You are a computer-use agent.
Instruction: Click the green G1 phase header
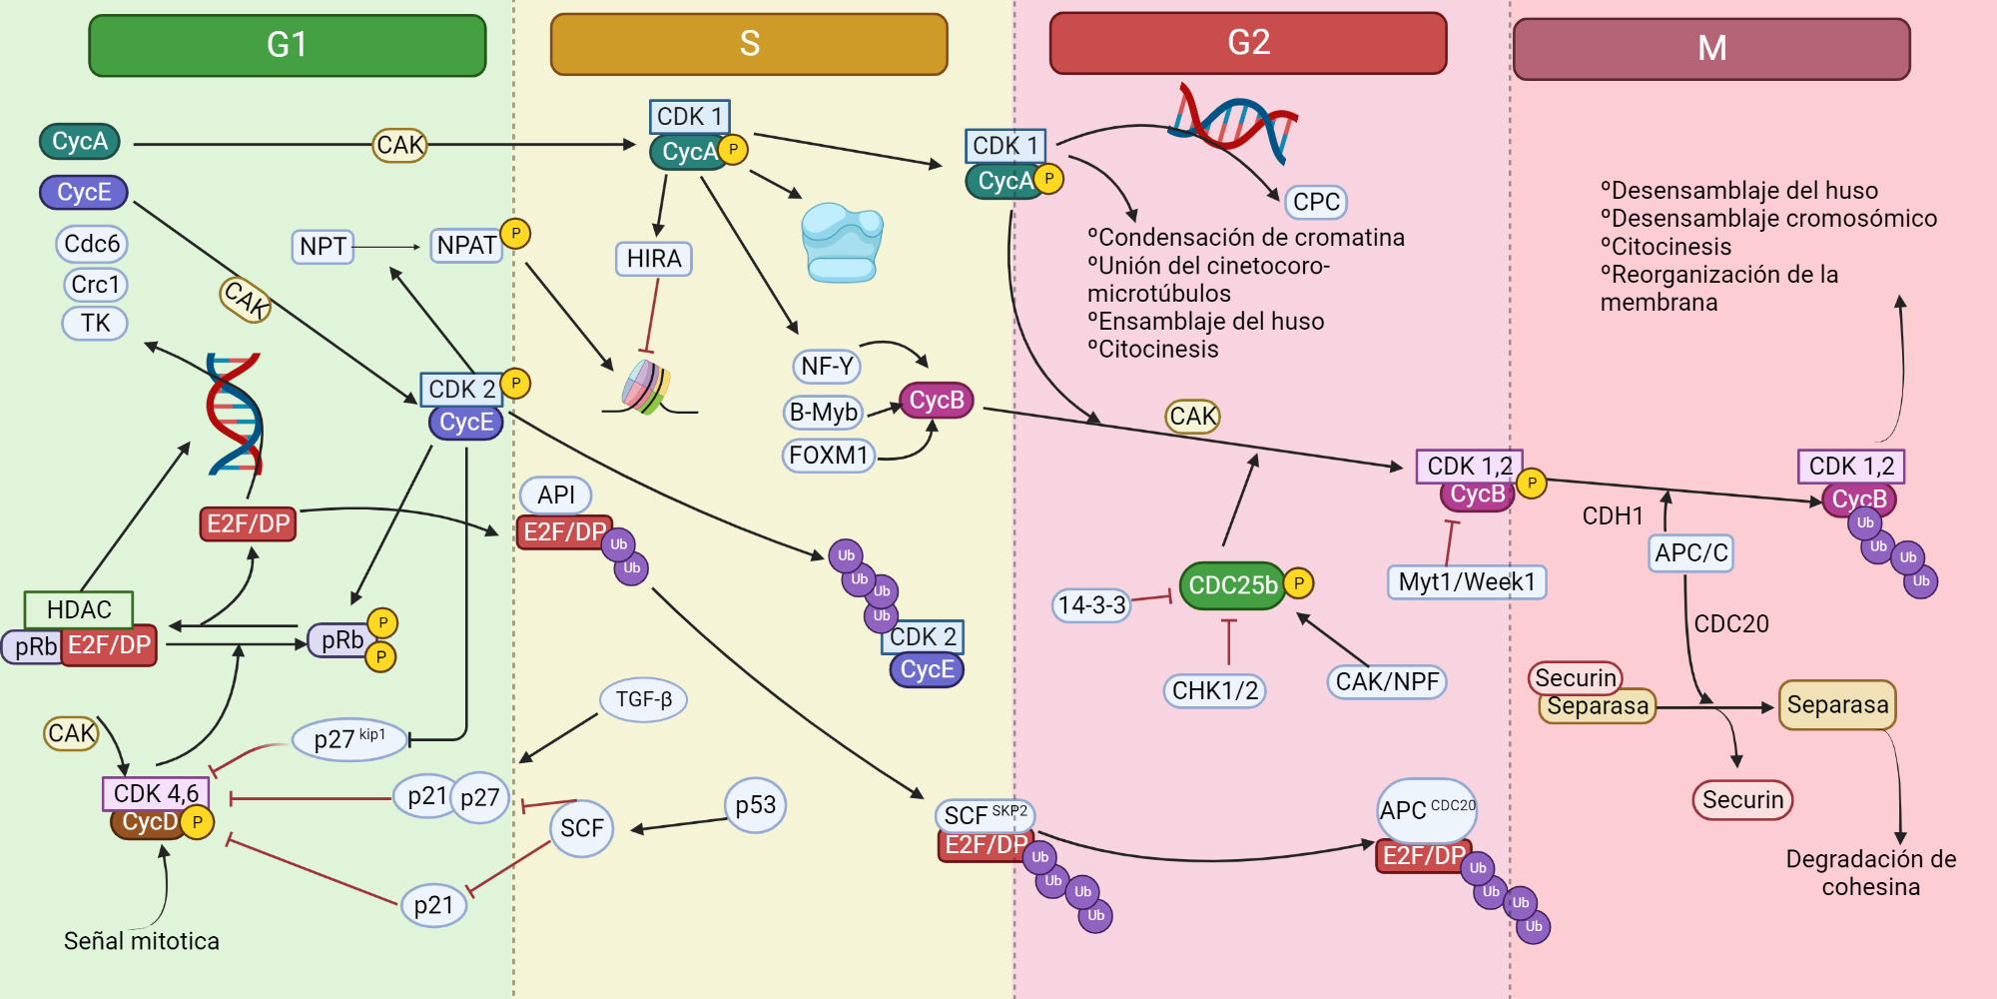click(x=287, y=45)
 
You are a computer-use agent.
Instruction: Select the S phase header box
click(x=749, y=44)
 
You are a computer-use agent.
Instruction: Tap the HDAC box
click(x=79, y=609)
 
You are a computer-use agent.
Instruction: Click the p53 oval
click(x=755, y=805)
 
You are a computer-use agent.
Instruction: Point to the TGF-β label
click(x=643, y=699)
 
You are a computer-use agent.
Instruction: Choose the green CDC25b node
click(x=1232, y=585)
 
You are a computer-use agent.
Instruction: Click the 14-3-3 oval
click(x=1091, y=605)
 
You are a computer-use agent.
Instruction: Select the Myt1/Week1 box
click(x=1466, y=581)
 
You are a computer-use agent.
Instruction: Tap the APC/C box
click(x=1690, y=552)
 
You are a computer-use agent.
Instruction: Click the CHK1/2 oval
click(x=1214, y=690)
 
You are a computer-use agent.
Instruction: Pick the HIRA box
click(x=653, y=259)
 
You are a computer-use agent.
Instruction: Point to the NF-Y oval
click(x=827, y=367)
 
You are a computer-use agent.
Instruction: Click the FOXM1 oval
click(x=828, y=456)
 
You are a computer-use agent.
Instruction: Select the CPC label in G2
click(x=1315, y=202)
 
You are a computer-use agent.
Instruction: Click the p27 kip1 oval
click(x=349, y=739)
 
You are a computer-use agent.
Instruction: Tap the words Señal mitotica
click(x=141, y=941)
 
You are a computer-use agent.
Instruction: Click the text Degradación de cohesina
click(x=1870, y=872)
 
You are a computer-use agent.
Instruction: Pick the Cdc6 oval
click(x=92, y=244)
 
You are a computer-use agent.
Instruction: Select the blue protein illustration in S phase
click(x=842, y=242)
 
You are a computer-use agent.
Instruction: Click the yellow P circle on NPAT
click(x=515, y=234)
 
